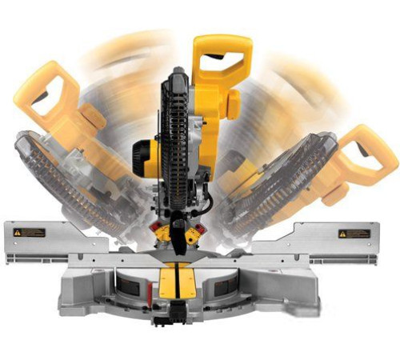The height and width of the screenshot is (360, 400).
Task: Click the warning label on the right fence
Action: pos(354,234)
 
